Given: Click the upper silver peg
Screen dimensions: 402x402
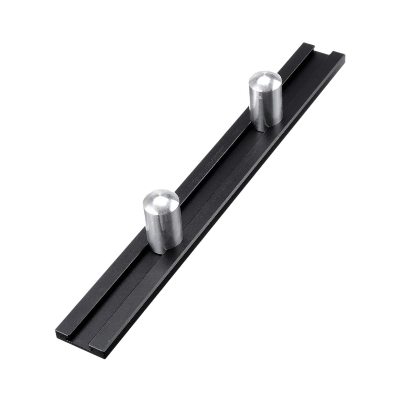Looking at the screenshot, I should click(x=266, y=100).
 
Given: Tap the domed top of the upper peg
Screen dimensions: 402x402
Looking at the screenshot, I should click(x=265, y=80).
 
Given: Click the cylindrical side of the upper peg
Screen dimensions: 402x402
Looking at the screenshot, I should click(x=266, y=108).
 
